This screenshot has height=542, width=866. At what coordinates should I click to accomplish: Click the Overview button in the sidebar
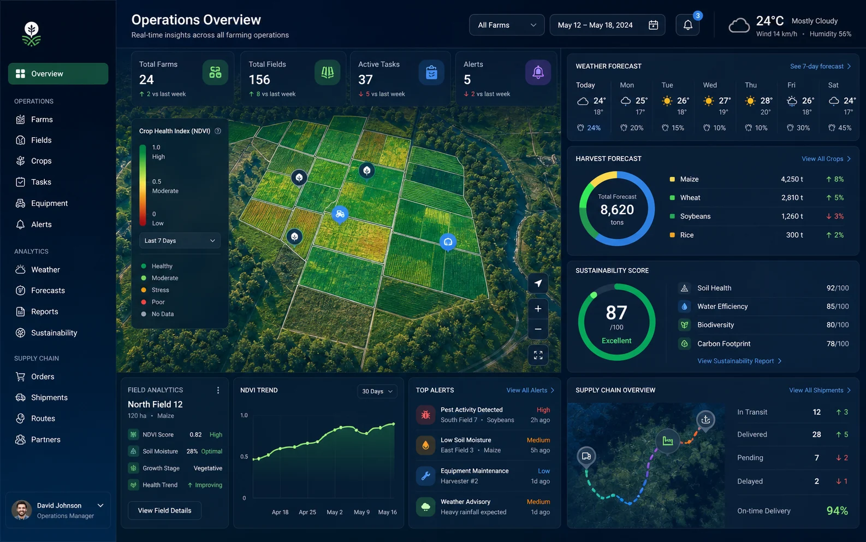click(58, 74)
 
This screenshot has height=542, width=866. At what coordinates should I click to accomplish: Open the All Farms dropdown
click(507, 25)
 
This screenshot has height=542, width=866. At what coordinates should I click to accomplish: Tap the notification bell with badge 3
click(688, 25)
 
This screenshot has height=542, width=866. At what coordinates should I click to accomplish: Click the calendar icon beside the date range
click(654, 25)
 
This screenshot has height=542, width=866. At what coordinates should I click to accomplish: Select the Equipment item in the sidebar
click(49, 203)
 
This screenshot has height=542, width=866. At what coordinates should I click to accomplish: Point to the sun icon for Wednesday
click(708, 101)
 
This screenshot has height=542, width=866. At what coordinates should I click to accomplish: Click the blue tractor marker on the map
click(340, 214)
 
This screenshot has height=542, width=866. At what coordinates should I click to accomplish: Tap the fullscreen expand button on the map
click(538, 355)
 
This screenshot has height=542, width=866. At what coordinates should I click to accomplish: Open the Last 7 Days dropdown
click(180, 240)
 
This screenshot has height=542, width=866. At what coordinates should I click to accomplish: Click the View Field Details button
click(164, 511)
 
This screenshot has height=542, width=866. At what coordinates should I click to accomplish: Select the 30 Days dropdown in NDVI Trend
click(377, 391)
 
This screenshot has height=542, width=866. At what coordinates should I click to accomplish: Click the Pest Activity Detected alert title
click(471, 410)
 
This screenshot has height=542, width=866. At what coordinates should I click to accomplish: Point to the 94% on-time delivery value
click(837, 511)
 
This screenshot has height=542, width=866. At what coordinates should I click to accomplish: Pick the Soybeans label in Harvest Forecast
click(695, 216)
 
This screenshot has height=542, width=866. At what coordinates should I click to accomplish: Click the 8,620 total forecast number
click(616, 210)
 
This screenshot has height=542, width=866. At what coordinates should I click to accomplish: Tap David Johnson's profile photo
click(22, 510)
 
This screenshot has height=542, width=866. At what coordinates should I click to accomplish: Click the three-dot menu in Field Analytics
click(218, 390)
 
